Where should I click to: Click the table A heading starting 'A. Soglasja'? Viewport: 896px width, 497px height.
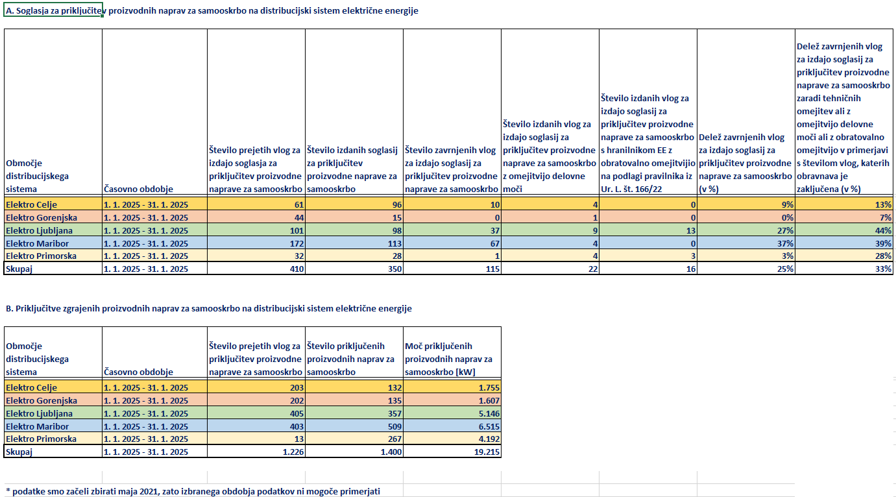(x=212, y=11)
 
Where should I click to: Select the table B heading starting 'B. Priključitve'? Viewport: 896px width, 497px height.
(x=209, y=309)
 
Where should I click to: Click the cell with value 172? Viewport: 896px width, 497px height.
(x=297, y=243)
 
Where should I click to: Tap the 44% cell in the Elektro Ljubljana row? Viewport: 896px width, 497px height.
(x=883, y=230)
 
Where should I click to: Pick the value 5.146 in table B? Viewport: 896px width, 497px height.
(x=489, y=413)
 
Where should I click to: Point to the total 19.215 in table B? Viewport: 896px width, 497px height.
(x=487, y=452)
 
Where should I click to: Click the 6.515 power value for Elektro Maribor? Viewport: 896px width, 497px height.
(x=489, y=426)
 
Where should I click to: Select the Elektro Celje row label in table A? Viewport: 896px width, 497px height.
(x=32, y=204)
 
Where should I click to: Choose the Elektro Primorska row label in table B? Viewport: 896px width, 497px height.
(x=42, y=439)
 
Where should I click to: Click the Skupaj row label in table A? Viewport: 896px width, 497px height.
(x=19, y=269)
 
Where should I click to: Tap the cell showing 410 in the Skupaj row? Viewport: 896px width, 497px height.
(x=297, y=269)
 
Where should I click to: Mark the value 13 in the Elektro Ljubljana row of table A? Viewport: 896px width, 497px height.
(x=691, y=230)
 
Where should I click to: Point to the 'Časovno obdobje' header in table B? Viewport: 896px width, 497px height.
(x=138, y=372)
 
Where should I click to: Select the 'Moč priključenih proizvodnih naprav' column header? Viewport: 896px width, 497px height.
(x=448, y=359)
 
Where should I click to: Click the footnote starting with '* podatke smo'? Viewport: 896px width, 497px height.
(x=193, y=491)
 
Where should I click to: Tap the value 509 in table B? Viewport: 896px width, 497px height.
(x=394, y=426)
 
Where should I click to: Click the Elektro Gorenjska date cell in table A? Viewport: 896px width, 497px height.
(x=146, y=217)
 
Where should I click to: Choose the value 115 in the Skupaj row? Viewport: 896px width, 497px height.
(x=493, y=269)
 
